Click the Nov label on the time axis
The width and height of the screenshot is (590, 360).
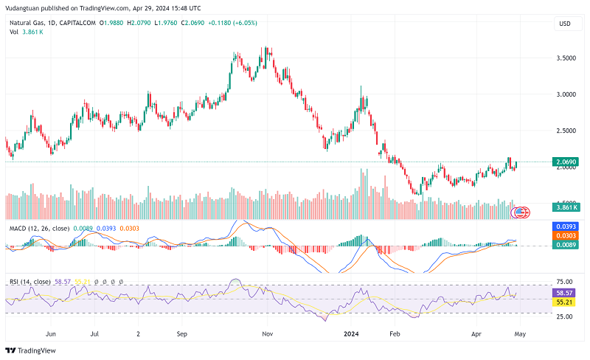pos(268,333)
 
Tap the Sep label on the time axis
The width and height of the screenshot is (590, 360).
pos(182,333)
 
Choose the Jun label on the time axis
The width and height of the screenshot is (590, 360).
pos(51,333)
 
